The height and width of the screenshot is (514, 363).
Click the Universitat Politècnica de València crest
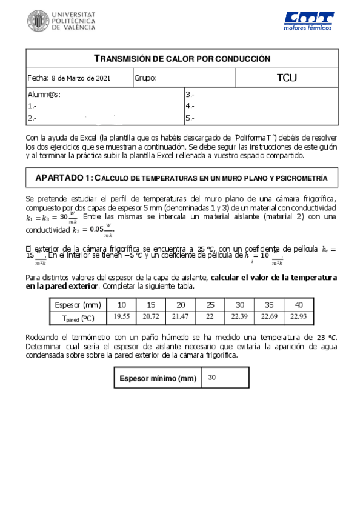tap(39, 22)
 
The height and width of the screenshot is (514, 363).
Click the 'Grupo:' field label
tap(145, 78)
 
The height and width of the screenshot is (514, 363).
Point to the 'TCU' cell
tap(287, 78)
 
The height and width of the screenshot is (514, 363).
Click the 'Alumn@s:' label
tap(44, 95)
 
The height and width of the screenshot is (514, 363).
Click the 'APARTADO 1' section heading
tap(63, 178)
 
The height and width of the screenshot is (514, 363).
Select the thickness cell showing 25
tap(210, 304)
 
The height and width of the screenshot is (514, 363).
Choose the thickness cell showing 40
tap(298, 304)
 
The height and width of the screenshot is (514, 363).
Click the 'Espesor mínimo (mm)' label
tap(158, 378)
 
